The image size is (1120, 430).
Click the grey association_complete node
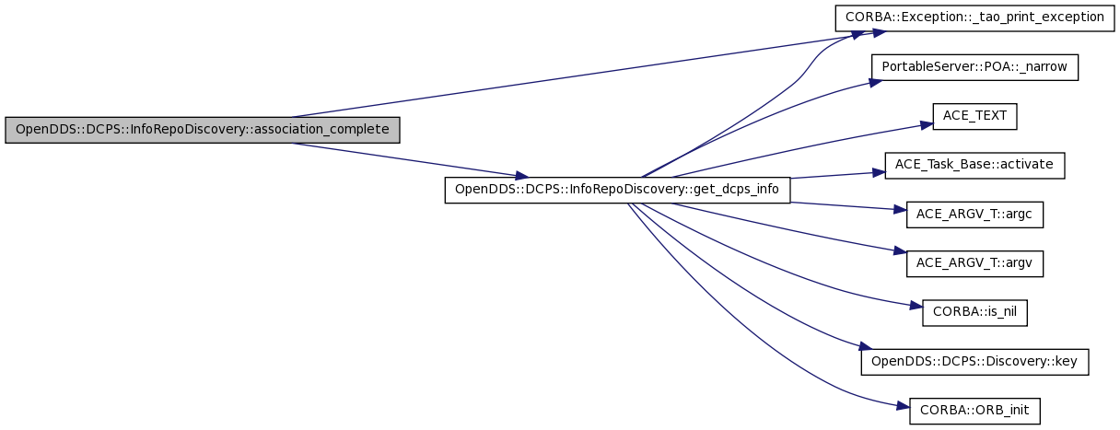click(x=203, y=130)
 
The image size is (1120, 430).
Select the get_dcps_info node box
click(x=617, y=190)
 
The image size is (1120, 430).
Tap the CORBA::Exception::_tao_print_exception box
click(x=974, y=18)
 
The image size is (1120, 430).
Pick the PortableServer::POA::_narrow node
click(x=974, y=67)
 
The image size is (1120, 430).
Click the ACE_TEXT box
click(x=974, y=117)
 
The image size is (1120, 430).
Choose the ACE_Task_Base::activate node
click(x=974, y=166)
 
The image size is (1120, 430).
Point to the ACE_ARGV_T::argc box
click(x=974, y=215)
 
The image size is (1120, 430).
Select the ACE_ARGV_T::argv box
click(x=974, y=263)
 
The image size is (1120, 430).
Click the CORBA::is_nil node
click(x=974, y=312)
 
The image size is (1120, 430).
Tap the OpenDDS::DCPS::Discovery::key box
click(x=974, y=362)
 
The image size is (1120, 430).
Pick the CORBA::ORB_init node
click(x=974, y=411)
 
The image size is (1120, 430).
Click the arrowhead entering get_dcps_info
click(x=522, y=176)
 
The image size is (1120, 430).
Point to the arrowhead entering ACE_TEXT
click(x=927, y=124)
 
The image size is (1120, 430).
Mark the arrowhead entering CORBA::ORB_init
click(x=903, y=406)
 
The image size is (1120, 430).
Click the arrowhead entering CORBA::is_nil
click(x=916, y=306)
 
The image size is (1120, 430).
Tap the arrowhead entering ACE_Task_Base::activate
click(x=879, y=172)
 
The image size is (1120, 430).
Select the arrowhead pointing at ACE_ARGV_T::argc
click(x=900, y=210)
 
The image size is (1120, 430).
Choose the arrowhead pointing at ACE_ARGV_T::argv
click(x=900, y=251)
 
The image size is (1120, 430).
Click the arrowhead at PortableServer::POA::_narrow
click(x=876, y=82)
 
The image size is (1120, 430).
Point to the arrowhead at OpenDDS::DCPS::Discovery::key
click(x=866, y=346)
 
